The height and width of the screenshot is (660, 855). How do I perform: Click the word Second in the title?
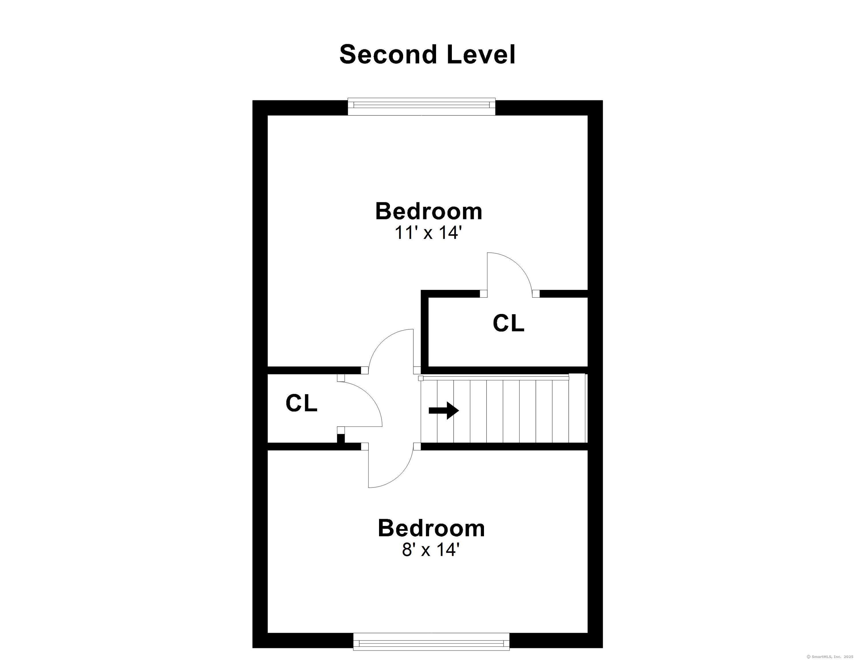coord(388,54)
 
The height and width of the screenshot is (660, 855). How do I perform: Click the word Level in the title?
coord(481,54)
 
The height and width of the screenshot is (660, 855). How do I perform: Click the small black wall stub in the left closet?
coord(341,439)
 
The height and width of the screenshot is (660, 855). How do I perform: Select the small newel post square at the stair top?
coord(421,378)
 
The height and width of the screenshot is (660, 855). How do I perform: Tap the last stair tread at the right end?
coord(577,408)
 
